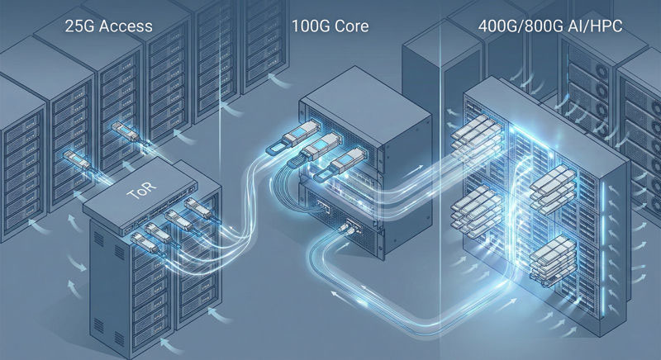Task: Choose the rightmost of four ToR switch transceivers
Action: [192, 204]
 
